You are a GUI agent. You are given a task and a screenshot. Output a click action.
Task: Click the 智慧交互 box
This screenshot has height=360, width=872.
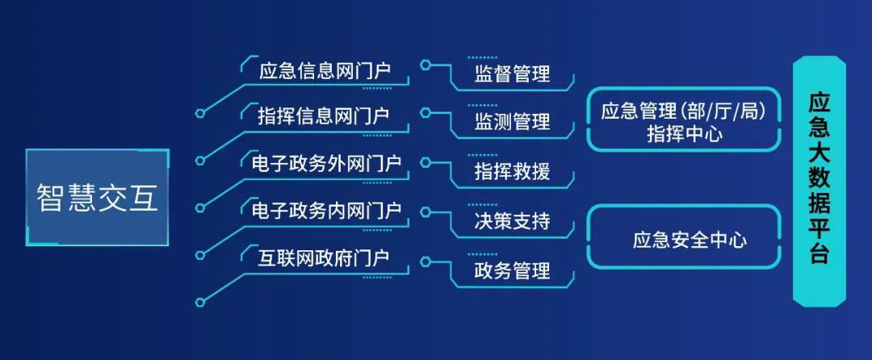click(98, 197)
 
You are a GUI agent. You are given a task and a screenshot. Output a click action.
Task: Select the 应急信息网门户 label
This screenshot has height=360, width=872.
click(325, 72)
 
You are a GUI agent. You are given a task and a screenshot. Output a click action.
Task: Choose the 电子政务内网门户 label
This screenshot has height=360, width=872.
click(326, 211)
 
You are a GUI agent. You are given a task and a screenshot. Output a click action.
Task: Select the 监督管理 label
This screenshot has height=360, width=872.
click(512, 73)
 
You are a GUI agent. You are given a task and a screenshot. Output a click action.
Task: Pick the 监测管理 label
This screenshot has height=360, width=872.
click(512, 121)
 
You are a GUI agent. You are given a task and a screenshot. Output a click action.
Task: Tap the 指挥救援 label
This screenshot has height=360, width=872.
click(512, 171)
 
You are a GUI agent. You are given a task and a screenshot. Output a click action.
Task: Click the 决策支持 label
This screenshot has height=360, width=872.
click(512, 220)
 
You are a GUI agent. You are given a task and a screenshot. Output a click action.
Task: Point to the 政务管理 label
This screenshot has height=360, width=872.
click(512, 270)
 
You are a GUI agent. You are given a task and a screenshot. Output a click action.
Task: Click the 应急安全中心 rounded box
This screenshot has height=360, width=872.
click(685, 237)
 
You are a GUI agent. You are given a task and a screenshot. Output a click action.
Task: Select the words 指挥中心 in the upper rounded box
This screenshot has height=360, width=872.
click(685, 135)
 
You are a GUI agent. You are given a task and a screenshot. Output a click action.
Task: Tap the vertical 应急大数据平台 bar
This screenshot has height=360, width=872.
click(820, 182)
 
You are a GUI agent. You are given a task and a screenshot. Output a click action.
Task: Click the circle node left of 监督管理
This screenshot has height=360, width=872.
click(426, 65)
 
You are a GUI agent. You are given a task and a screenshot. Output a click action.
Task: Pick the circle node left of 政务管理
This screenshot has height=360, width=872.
click(426, 261)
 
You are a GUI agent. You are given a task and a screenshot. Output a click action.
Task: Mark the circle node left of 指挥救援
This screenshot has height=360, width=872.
click(426, 162)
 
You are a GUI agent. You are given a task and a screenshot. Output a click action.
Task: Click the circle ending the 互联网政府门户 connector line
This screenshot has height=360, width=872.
click(200, 302)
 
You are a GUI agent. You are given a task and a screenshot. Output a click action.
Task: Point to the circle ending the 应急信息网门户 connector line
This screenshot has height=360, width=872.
click(200, 113)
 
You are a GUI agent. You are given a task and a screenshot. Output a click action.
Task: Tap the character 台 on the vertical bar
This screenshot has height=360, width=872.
click(820, 254)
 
